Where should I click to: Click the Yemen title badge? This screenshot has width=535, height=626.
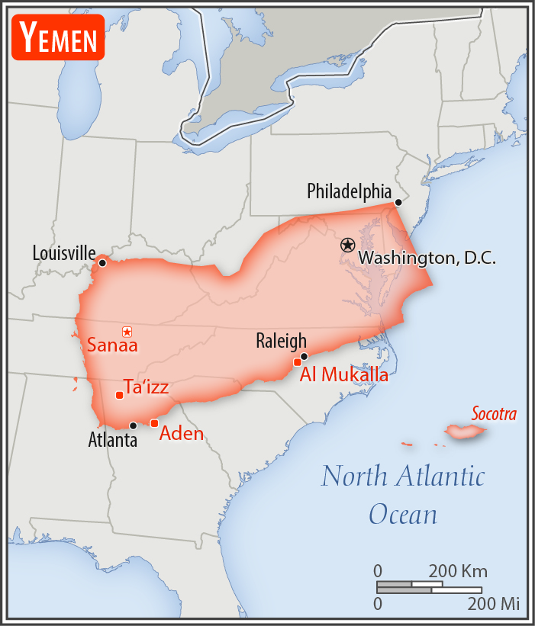pos(58,37)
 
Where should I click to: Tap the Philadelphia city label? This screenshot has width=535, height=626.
pos(349,191)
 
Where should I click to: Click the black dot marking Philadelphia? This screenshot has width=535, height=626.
pos(398,203)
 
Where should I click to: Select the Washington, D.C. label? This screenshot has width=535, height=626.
pos(427,258)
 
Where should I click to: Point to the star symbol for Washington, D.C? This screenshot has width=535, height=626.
pos(347,245)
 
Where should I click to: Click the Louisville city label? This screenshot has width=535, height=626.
pos(64,252)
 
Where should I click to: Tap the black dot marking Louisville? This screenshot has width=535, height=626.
pos(102,263)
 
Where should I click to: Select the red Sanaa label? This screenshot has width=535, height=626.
pos(111,345)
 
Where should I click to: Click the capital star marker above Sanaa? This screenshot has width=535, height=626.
pos(127,332)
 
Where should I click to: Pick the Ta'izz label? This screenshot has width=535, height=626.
pos(146,387)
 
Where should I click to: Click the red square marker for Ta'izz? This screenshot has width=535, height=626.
pos(119,395)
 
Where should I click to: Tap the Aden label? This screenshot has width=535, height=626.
pos(182,434)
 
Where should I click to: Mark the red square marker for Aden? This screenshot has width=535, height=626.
pos(154,423)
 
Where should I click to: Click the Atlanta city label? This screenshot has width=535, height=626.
pos(113,440)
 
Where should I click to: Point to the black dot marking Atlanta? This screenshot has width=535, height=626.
pos(134,425)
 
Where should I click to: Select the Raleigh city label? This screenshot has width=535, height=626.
pos(281,341)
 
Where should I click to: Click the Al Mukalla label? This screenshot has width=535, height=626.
pos(343,374)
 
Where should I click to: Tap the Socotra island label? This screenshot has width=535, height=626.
pos(494,415)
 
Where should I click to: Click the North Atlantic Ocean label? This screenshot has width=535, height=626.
pos(403,494)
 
